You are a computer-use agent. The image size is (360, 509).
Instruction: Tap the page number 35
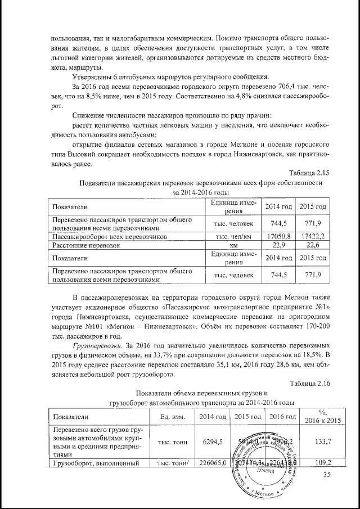pos(327,475)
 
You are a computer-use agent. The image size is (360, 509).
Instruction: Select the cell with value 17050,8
pos(279,237)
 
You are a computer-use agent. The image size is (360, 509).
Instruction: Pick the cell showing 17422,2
pos(312,237)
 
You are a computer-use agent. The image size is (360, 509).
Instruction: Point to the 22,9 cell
pos(279,245)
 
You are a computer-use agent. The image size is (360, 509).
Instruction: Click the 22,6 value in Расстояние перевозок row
pos(312,245)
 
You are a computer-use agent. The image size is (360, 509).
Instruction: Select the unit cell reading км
pos(232,245)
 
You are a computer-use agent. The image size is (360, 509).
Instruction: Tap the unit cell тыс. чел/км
pos(232,237)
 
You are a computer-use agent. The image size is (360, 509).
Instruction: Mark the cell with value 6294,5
pos(209,442)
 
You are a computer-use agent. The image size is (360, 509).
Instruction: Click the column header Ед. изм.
pos(173,417)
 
